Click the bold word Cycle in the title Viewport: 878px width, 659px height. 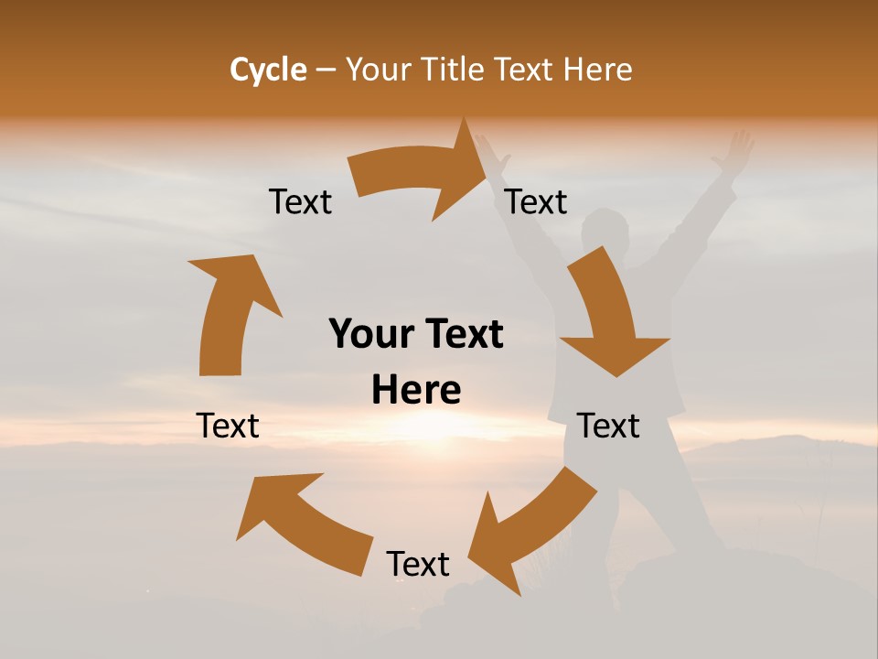coord(268,70)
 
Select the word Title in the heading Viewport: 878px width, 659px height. coord(454,70)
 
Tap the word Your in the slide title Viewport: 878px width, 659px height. coord(379,70)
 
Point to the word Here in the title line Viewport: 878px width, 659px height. coord(598,70)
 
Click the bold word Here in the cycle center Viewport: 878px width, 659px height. coord(416,390)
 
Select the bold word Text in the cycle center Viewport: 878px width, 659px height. coord(461,334)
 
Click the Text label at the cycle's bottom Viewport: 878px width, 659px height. coord(418,564)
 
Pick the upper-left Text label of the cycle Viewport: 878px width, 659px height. coord(300,201)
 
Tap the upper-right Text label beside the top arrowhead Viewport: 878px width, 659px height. coord(536,201)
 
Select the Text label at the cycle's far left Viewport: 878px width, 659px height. coord(228,426)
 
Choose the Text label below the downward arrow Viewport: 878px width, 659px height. coord(608,426)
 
